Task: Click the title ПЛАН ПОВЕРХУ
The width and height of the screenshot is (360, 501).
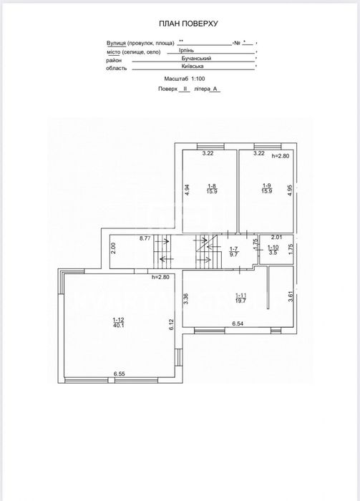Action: point(188,24)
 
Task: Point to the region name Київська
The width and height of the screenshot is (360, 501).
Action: point(193,66)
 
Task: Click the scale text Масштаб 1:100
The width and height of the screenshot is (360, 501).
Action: point(185,79)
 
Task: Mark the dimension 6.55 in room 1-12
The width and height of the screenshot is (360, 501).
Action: point(119,374)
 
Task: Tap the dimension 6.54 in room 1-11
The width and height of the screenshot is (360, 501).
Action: point(238,324)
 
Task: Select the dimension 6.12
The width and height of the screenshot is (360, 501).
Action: point(171,325)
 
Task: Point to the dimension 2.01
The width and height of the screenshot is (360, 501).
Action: point(277,237)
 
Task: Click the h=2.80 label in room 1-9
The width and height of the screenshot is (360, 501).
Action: point(280,156)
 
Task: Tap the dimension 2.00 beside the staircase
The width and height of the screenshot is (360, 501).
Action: point(114,248)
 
